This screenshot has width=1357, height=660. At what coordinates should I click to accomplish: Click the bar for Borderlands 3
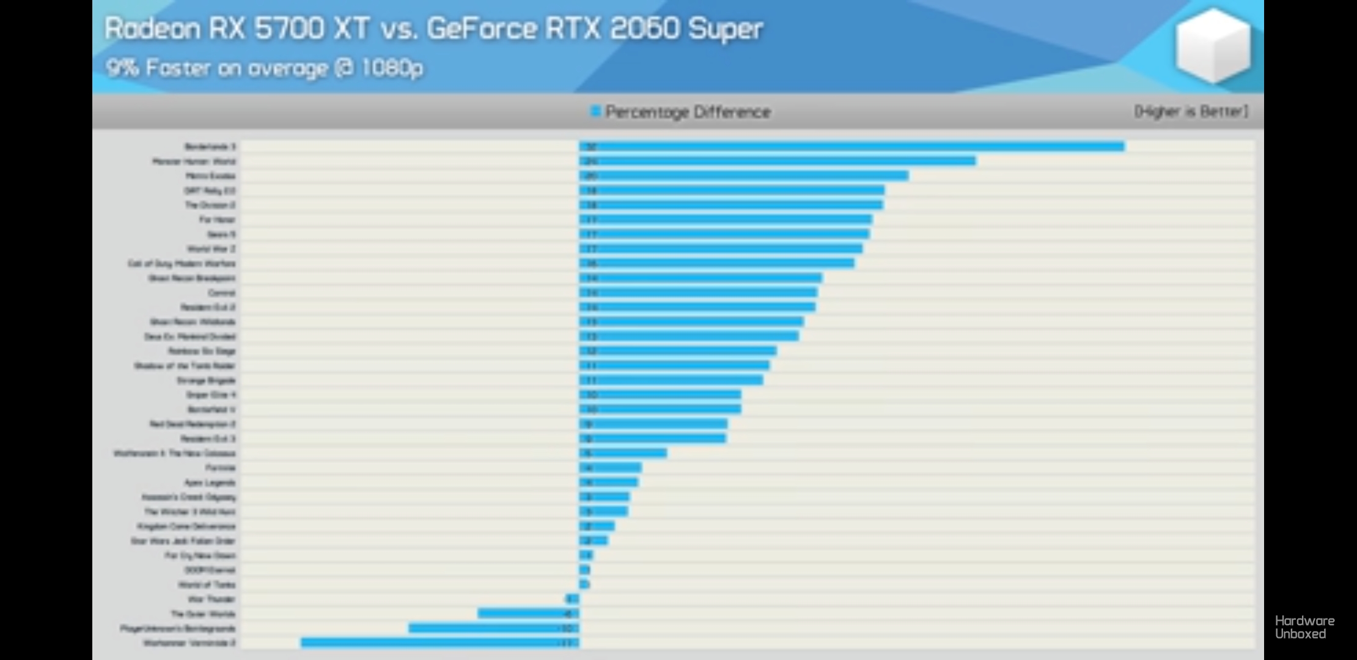pos(851,147)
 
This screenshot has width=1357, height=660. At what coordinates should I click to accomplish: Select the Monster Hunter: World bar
pos(778,161)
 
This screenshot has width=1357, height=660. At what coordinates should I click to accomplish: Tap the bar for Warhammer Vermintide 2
pos(439,643)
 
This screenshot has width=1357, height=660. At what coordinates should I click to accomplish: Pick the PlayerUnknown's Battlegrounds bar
pos(493,628)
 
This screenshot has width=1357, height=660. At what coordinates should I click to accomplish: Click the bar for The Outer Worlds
pos(528,614)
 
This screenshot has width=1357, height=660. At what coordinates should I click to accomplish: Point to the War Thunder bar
pos(573,599)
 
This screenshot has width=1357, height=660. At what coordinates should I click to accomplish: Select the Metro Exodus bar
pos(744,176)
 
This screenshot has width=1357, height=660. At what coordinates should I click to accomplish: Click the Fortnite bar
pos(611,468)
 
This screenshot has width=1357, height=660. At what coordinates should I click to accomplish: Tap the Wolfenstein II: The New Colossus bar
pos(623,453)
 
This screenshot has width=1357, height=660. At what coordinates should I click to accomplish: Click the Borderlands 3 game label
pos(210,147)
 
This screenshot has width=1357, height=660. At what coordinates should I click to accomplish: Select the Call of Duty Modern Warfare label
pos(182,264)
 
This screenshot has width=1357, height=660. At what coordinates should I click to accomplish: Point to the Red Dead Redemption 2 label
pos(193,424)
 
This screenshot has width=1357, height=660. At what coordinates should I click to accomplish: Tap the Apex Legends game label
pos(210,483)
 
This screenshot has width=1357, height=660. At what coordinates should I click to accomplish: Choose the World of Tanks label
pos(207,585)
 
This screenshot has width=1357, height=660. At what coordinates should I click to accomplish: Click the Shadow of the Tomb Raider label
pos(185,366)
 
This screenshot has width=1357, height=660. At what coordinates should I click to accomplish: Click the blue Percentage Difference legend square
pos(595,111)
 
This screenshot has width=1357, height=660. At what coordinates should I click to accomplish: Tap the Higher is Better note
pos(1191,111)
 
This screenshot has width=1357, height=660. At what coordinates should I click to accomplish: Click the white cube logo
pos(1213,46)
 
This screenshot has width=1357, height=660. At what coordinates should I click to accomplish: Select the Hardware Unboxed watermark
pos(1304,628)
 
